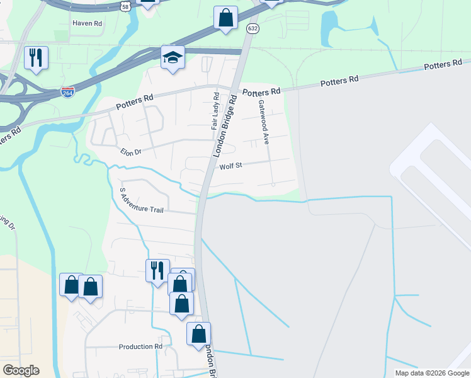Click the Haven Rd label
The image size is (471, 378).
coord(87,23)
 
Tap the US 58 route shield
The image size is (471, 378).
coord(126,5)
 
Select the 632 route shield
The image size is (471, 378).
coord(253,28)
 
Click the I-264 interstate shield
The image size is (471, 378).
coord(67,92)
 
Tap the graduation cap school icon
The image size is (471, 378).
coord(173,58)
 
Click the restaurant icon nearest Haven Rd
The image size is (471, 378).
coord(36,57)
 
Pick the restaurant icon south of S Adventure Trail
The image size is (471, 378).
coord(157,270)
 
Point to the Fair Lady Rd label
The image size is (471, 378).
coord(215,112)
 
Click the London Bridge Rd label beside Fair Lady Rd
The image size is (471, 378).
coord(226,126)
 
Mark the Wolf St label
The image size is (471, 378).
coord(231,167)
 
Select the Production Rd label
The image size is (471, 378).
coord(140,346)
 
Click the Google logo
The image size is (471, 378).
coord(21,370)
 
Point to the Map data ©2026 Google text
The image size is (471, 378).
coord(431,373)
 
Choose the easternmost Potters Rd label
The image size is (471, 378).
coord(443,64)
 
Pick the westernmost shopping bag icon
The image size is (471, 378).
coord(71,285)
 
